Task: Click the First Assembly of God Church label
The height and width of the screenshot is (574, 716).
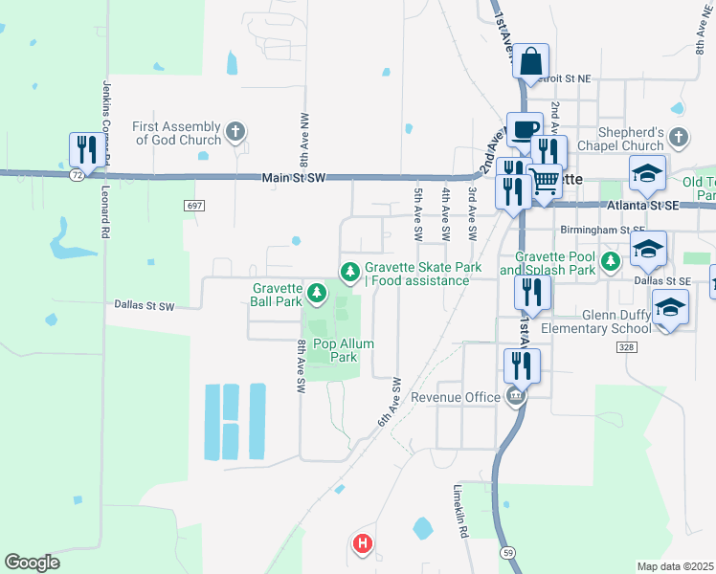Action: pos(177,133)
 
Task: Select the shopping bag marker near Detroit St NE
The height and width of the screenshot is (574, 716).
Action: pos(530,62)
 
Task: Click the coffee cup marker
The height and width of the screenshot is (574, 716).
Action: pos(524,129)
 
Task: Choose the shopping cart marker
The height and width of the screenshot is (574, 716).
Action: pos(544,180)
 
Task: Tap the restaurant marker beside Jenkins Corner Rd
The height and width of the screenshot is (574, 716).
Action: pos(87,150)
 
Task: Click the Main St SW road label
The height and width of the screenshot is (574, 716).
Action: pos(293,178)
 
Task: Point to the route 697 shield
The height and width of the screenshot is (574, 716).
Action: pos(194,206)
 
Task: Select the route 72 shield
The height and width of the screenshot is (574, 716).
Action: pos(77,176)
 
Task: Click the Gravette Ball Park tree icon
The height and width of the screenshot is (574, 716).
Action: pos(315,288)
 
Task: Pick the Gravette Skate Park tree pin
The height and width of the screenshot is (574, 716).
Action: pos(350,274)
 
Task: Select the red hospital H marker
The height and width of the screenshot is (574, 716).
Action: pos(363,544)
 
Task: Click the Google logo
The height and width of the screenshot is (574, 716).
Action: pos(32,563)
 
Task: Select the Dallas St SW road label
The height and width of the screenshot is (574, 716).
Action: pos(145,306)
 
